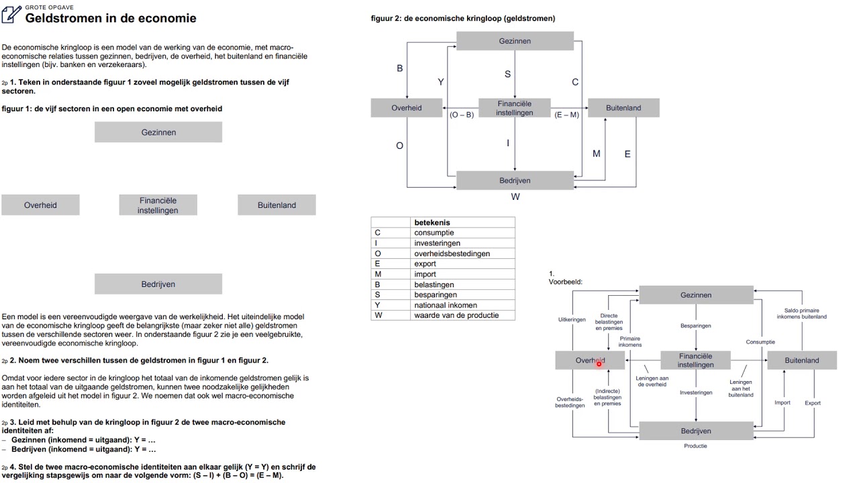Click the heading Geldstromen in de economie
111,18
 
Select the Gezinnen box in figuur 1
158,132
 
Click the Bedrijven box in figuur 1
158,284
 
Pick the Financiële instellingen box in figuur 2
515,108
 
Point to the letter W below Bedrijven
515,197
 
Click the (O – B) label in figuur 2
462,115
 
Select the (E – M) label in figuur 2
567,115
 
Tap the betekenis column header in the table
432,222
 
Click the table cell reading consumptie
434,233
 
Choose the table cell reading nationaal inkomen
446,305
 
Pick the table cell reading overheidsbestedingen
452,254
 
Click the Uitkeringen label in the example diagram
572,319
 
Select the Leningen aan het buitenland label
740,388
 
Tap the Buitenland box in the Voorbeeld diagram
801,360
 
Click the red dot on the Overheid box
599,364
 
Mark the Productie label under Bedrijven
695,445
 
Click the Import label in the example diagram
782,402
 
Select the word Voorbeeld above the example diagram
566,282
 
